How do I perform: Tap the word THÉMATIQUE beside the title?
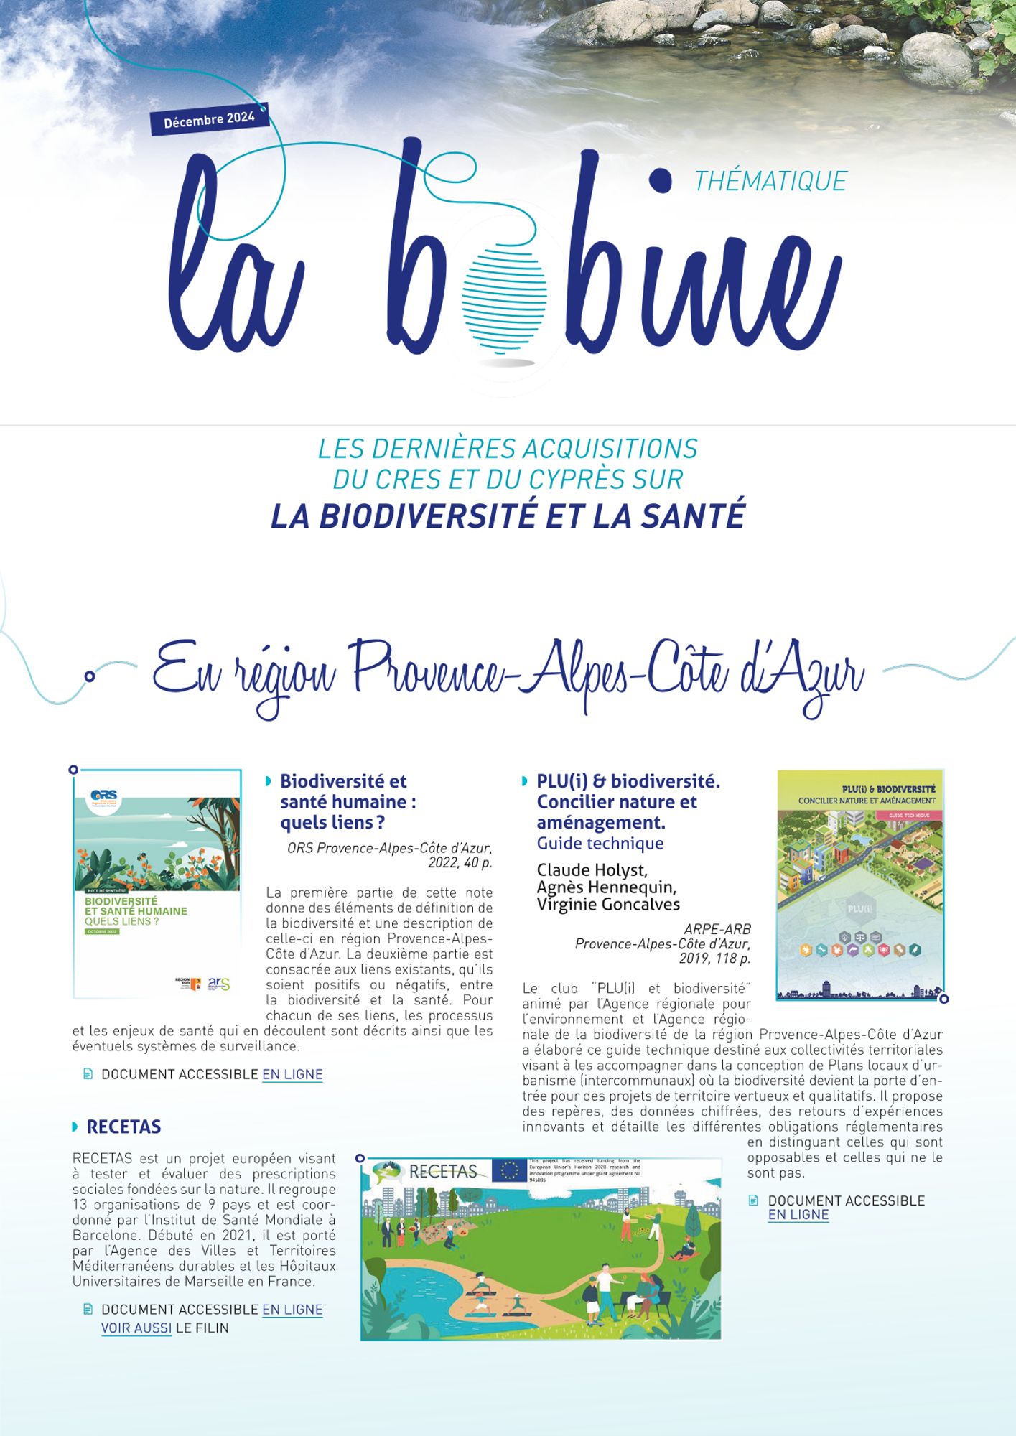(x=770, y=181)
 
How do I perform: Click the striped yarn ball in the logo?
(x=504, y=294)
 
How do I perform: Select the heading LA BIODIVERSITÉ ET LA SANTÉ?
(x=508, y=516)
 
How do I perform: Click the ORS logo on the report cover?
(x=105, y=798)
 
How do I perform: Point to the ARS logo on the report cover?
(x=219, y=983)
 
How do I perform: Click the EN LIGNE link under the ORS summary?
(x=292, y=1074)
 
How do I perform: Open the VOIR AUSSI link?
(x=136, y=1328)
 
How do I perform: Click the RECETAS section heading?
(x=123, y=1127)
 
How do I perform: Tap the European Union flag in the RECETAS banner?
(x=509, y=1170)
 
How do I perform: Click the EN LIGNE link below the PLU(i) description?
(x=798, y=1215)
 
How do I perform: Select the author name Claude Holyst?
(x=592, y=870)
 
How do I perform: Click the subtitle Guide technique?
(x=600, y=843)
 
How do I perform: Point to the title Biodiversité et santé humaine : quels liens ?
(x=348, y=801)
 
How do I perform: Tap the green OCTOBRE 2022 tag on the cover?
(x=103, y=931)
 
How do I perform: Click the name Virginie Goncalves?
(x=608, y=904)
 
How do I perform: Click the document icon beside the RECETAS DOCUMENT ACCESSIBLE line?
(x=88, y=1309)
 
